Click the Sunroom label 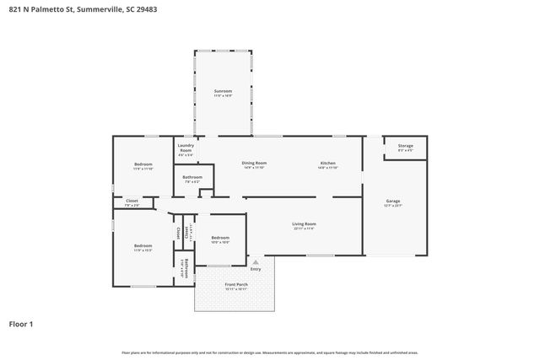(223, 90)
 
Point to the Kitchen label (327, 163)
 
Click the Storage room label (405, 146)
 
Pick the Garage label (393, 201)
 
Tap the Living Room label (304, 224)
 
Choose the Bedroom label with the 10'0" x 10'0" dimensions (220, 238)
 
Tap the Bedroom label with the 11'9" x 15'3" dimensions (143, 246)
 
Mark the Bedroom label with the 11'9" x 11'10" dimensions (143, 164)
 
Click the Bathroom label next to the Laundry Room (192, 177)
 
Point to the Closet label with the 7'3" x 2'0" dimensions (132, 201)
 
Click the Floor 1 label (21, 324)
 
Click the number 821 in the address (14, 9)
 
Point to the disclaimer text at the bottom (270, 352)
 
